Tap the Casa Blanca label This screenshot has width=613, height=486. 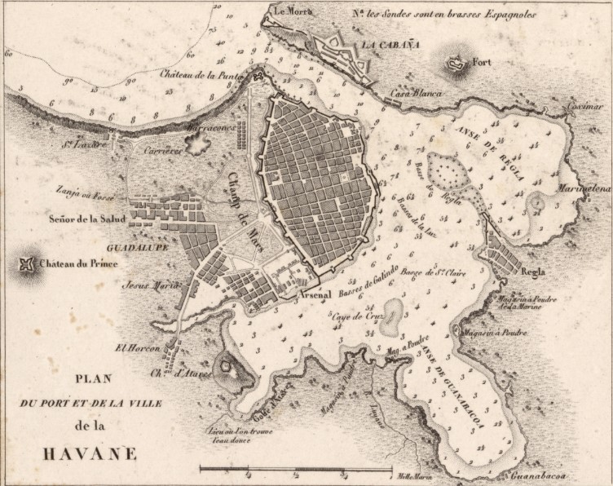pos(416,94)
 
